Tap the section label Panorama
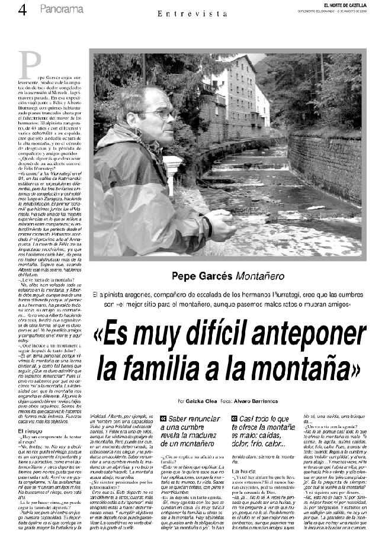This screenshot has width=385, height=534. tap(62, 9)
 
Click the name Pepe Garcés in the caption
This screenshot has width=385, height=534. tap(201, 275)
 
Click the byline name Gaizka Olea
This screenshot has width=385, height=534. tap(201, 401)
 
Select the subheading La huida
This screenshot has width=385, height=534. tap(243, 471)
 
